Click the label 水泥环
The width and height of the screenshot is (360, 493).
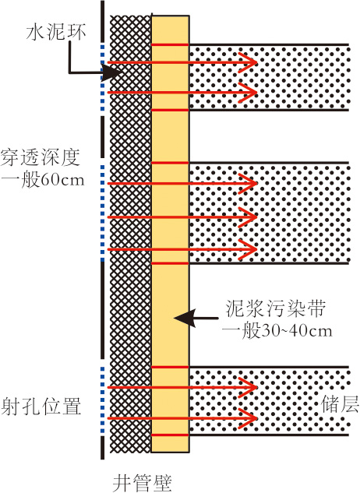[56, 33]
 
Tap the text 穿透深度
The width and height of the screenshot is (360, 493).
[41, 157]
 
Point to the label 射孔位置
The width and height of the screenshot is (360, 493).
[41, 407]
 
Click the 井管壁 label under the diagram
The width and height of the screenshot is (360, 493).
[143, 483]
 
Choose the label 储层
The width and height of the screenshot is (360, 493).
[341, 404]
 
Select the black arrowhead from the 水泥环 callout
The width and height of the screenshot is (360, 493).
[111, 73]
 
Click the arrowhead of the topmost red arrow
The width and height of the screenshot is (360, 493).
[248, 62]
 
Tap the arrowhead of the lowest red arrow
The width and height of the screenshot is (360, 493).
[248, 418]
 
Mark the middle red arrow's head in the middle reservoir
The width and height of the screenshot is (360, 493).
[248, 217]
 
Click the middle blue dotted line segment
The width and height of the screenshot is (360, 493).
[102, 213]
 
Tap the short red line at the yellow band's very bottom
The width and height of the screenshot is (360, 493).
[170, 435]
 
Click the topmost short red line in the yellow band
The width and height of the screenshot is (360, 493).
[170, 45]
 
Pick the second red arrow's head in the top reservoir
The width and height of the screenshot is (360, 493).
[248, 93]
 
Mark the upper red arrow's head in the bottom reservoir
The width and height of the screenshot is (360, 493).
[248, 387]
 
